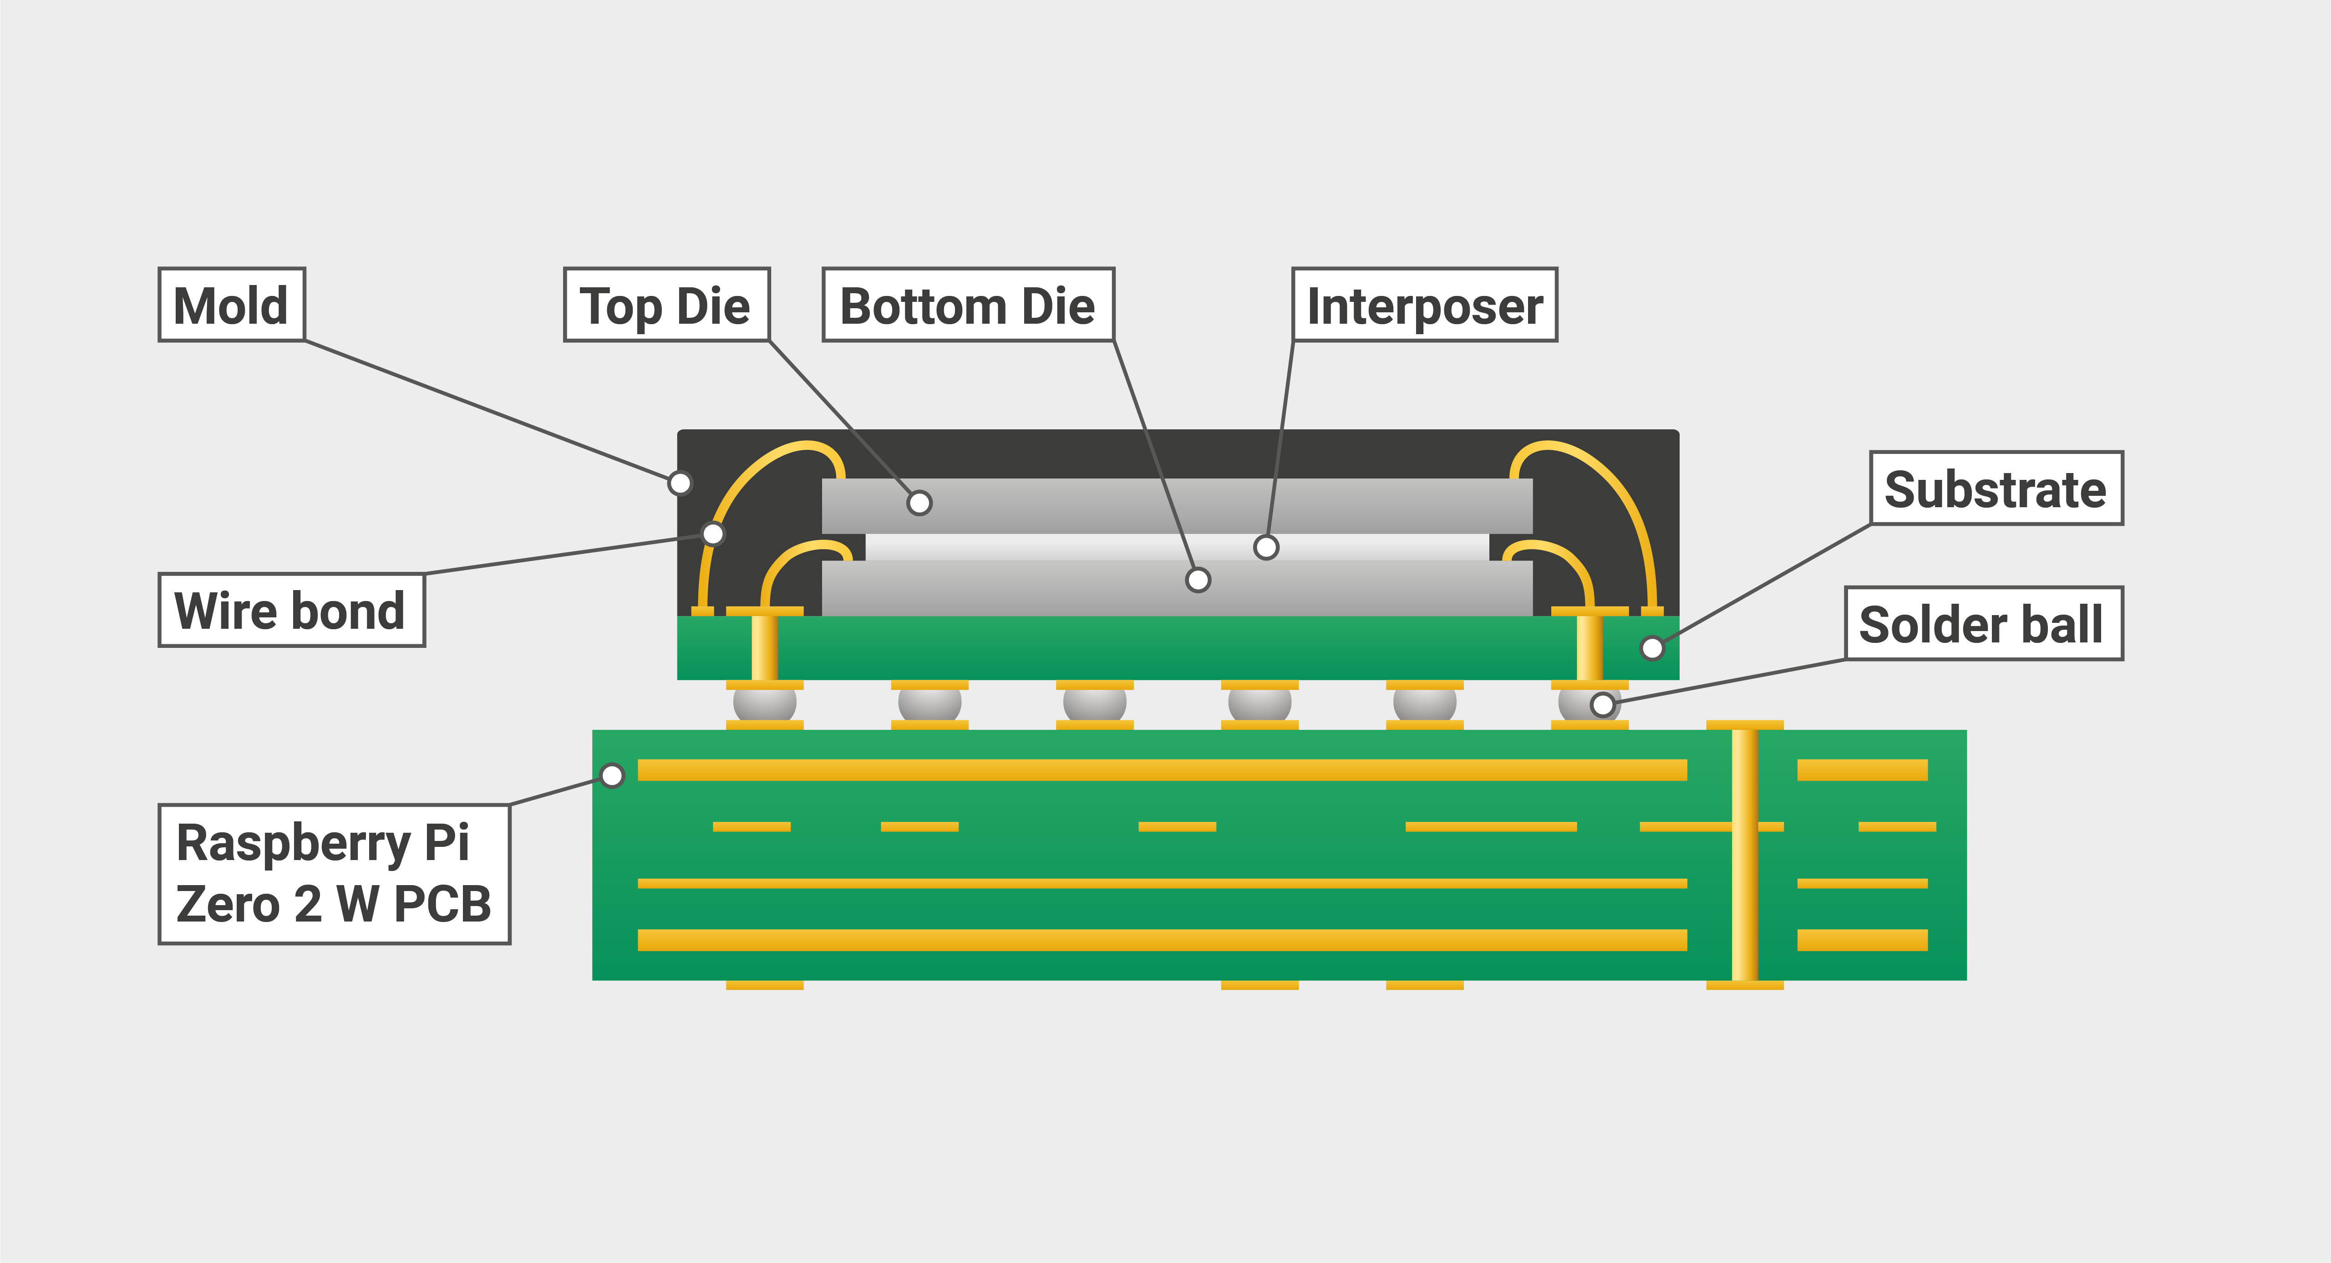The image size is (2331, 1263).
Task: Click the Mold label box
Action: pos(232,305)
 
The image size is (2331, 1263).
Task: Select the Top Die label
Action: pos(666,305)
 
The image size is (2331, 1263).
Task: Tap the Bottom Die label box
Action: pos(967,305)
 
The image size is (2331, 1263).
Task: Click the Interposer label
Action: pos(1424,305)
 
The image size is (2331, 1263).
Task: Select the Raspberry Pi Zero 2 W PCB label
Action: pos(334,874)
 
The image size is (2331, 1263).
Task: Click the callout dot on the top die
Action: pos(919,503)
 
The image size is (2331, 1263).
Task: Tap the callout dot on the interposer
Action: pos(1266,547)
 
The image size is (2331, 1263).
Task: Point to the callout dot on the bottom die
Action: pos(1198,580)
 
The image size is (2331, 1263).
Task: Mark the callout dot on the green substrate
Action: pos(1651,647)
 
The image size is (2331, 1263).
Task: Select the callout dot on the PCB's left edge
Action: pos(613,775)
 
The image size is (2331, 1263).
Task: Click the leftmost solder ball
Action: pos(765,703)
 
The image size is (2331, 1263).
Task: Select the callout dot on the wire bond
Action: pos(713,533)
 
